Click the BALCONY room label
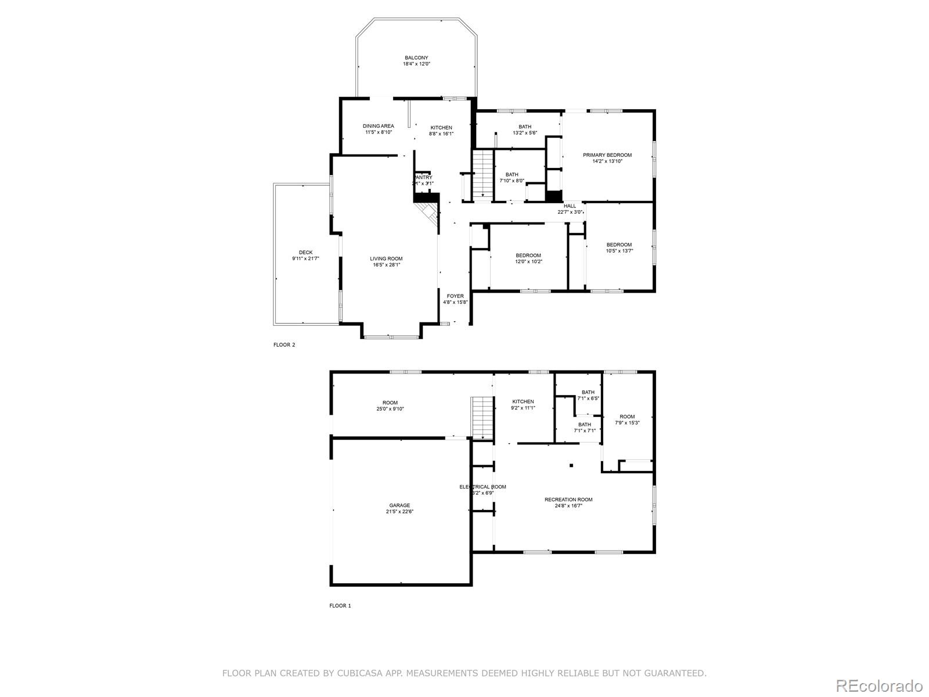(416, 58)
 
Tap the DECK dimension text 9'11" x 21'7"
(305, 258)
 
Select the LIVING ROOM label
(386, 258)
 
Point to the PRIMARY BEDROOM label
(607, 155)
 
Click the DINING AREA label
(379, 126)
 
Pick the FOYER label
(455, 296)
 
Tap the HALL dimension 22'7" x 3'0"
(570, 212)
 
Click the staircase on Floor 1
(482, 418)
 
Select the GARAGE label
(399, 505)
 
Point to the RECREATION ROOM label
(568, 500)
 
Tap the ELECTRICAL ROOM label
(482, 487)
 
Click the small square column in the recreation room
(571, 465)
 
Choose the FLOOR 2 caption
(285, 345)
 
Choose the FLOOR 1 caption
(340, 606)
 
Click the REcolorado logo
(878, 685)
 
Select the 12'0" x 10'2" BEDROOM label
(528, 256)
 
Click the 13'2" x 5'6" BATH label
(525, 127)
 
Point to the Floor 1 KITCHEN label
(523, 401)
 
